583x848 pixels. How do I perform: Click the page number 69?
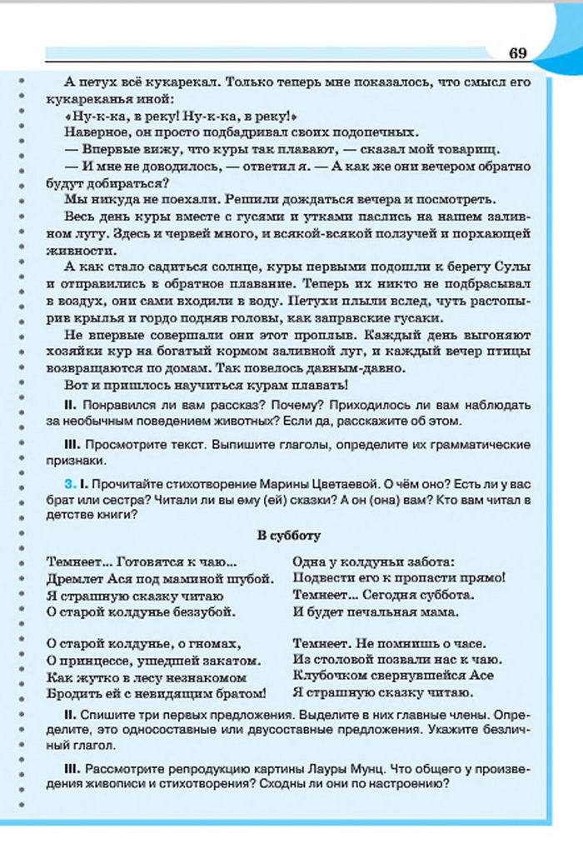point(517,53)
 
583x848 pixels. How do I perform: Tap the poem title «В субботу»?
point(288,536)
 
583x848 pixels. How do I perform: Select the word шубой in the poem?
point(248,578)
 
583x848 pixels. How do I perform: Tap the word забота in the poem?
point(424,561)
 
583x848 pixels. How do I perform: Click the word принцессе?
point(97,661)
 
